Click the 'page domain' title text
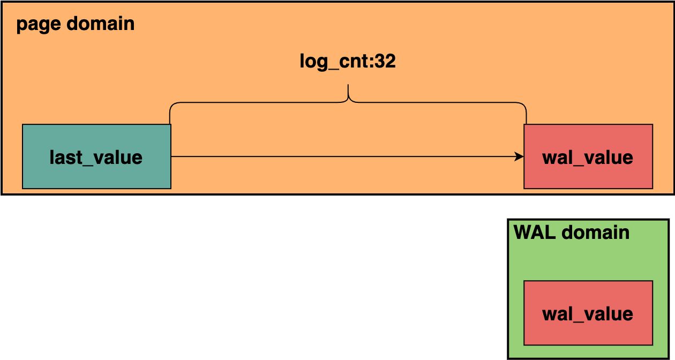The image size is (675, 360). coord(75,25)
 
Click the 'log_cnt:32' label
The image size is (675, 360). coord(348,62)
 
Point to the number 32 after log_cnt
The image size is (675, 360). coord(385,61)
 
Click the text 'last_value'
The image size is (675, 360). coord(96,157)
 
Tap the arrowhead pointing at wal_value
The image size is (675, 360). coord(519,156)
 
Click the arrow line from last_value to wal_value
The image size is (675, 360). coord(343,156)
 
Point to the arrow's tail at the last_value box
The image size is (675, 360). coord(172,156)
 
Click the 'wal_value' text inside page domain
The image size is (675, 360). coord(588,157)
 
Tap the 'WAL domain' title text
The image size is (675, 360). coord(572,232)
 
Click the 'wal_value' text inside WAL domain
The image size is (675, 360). coord(588,314)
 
